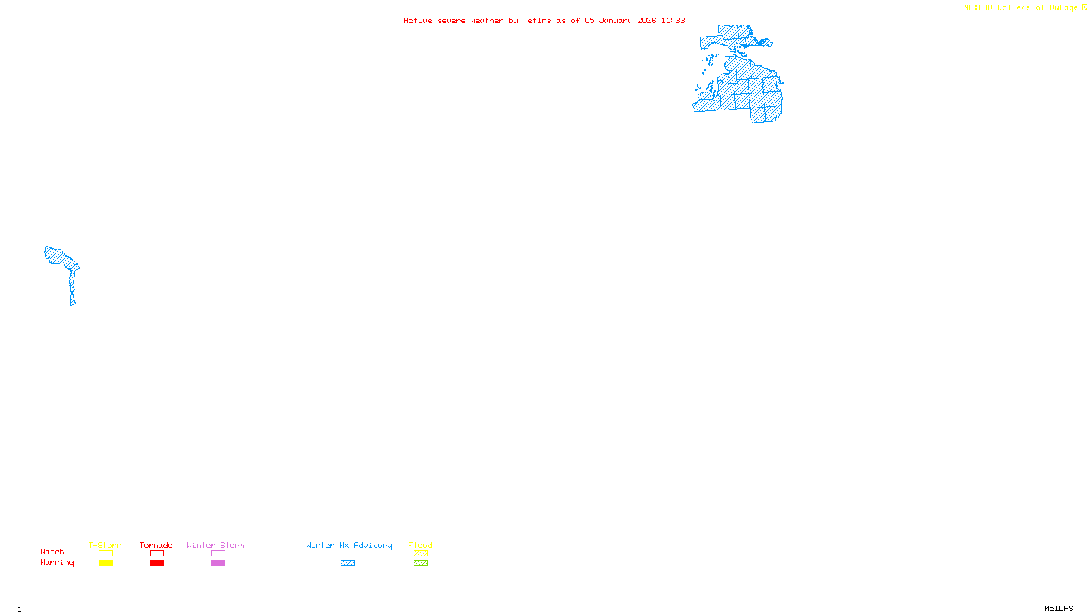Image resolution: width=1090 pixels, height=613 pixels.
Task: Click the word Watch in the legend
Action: point(52,552)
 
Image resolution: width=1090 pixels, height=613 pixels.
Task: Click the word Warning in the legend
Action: point(57,563)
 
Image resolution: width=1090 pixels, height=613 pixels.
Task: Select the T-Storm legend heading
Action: point(105,545)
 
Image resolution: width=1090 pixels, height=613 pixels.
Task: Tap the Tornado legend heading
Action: point(156,545)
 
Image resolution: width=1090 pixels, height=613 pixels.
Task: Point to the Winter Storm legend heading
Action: point(215,545)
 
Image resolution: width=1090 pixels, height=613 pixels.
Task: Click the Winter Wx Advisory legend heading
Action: point(349,545)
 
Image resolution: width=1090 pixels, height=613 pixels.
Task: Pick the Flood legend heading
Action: point(420,545)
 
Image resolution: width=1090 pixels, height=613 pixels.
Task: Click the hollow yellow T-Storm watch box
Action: point(106,554)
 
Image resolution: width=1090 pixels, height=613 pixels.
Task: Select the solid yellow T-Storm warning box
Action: point(106,563)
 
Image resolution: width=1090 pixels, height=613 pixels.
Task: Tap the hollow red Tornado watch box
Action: point(157,554)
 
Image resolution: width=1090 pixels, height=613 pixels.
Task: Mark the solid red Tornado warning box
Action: point(157,563)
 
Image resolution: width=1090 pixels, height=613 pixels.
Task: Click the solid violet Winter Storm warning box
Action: point(218,563)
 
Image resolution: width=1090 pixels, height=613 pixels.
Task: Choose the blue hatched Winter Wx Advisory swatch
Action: point(347,563)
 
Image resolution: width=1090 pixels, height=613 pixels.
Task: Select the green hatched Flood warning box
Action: point(420,563)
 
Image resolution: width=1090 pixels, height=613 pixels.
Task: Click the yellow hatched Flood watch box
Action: point(420,554)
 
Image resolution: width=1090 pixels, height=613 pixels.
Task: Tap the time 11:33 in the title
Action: point(673,20)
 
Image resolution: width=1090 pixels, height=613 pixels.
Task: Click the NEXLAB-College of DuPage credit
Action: point(1021,8)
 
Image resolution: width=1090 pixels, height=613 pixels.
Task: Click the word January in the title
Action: point(616,20)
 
